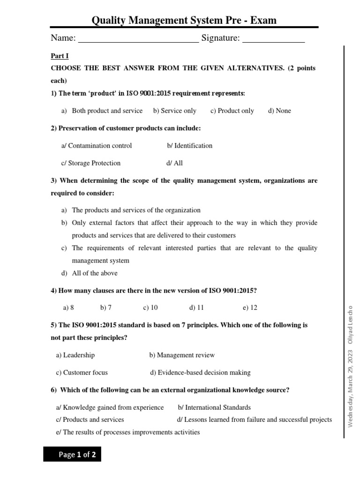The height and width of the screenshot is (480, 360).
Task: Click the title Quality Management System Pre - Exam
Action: pyautogui.click(x=184, y=20)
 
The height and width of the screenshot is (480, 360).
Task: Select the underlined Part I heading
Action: pyautogui.click(x=60, y=56)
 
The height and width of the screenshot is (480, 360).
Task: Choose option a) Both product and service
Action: pyautogui.click(x=102, y=111)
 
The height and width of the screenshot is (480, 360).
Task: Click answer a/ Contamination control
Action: pyautogui.click(x=97, y=145)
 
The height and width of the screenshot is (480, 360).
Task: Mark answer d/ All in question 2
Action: pyautogui.click(x=174, y=163)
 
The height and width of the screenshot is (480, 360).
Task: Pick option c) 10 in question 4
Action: pyautogui.click(x=150, y=307)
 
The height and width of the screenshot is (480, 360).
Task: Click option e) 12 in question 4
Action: pyautogui.click(x=250, y=307)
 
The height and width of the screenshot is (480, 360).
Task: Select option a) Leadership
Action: pyautogui.click(x=75, y=355)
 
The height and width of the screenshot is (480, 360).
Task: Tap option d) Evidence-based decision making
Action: pyautogui.click(x=200, y=373)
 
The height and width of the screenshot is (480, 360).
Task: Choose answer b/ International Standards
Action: pyautogui.click(x=214, y=407)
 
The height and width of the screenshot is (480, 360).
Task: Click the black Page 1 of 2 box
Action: pyautogui.click(x=72, y=455)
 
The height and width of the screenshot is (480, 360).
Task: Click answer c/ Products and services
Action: pyautogui.click(x=90, y=420)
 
